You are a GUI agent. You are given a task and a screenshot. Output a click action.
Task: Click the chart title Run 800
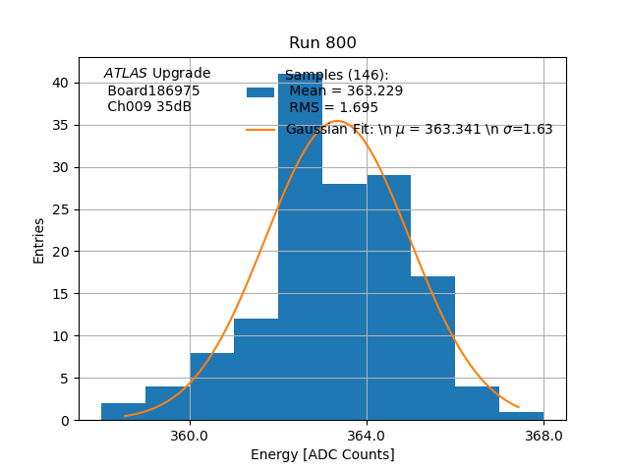(x=322, y=43)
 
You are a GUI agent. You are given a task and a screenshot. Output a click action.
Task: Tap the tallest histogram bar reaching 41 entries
(x=300, y=246)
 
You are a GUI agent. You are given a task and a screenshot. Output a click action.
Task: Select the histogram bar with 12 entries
(x=256, y=369)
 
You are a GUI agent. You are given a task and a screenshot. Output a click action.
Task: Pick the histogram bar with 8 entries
(x=211, y=386)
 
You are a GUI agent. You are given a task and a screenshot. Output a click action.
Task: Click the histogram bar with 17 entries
(x=432, y=348)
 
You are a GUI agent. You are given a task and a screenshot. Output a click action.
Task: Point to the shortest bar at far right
(x=521, y=416)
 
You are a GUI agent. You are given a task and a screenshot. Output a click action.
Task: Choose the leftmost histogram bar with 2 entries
(x=123, y=411)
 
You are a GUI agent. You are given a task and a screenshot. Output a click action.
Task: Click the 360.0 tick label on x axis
(x=190, y=436)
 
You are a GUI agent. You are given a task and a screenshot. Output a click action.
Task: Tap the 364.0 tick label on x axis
(x=367, y=436)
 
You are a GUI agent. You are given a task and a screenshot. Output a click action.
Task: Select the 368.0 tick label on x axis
(x=543, y=436)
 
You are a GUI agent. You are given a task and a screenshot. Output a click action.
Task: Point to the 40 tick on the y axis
(x=60, y=83)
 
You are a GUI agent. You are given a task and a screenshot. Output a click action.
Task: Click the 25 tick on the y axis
(x=60, y=209)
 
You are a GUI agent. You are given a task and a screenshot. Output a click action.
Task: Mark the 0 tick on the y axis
(x=64, y=420)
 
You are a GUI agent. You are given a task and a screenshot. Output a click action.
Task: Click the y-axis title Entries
(x=39, y=240)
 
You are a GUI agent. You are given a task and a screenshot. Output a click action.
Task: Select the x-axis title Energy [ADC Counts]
(x=322, y=454)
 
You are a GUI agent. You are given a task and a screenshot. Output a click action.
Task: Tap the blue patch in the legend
(x=260, y=92)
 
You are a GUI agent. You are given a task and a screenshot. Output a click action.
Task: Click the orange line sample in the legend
(x=260, y=129)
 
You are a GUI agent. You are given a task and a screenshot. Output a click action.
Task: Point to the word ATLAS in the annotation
(x=126, y=74)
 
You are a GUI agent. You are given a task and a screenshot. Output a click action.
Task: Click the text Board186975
(x=153, y=90)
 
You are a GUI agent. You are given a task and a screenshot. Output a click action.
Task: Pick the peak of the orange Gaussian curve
(x=337, y=121)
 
